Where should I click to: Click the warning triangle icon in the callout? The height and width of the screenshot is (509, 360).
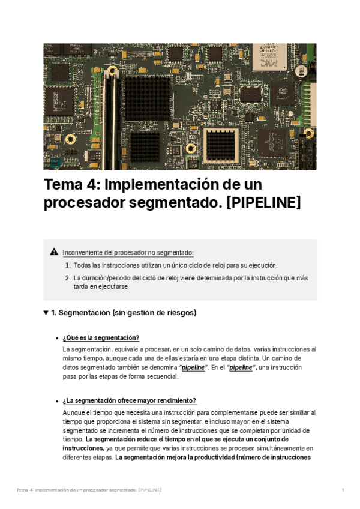coord(54,252)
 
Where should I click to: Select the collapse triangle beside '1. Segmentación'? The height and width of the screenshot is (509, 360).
coord(46,313)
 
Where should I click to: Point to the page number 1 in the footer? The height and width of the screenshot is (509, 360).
coord(343,490)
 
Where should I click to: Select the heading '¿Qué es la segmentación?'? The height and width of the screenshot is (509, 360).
coord(101,337)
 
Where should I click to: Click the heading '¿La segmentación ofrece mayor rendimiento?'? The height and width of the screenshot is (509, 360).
coord(129,401)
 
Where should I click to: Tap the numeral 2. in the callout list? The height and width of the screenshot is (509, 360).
coord(68,278)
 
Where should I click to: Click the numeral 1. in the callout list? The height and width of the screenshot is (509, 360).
coord(68,265)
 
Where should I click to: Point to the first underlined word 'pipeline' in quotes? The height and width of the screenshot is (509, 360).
coord(193,367)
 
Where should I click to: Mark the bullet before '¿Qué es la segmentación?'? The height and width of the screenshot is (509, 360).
coord(56,338)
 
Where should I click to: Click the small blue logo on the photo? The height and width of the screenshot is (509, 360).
coord(55,162)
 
